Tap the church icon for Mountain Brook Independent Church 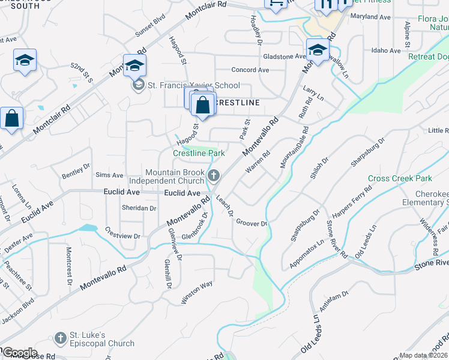[213, 176]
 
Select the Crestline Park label [199, 154]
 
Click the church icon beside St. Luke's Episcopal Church [60, 339]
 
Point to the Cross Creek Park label [400, 179]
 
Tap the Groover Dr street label [252, 223]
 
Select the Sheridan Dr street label [139, 208]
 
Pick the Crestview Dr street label [122, 232]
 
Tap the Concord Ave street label [250, 70]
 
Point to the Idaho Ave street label [385, 50]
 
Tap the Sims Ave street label [109, 175]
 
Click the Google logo [20, 352]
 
